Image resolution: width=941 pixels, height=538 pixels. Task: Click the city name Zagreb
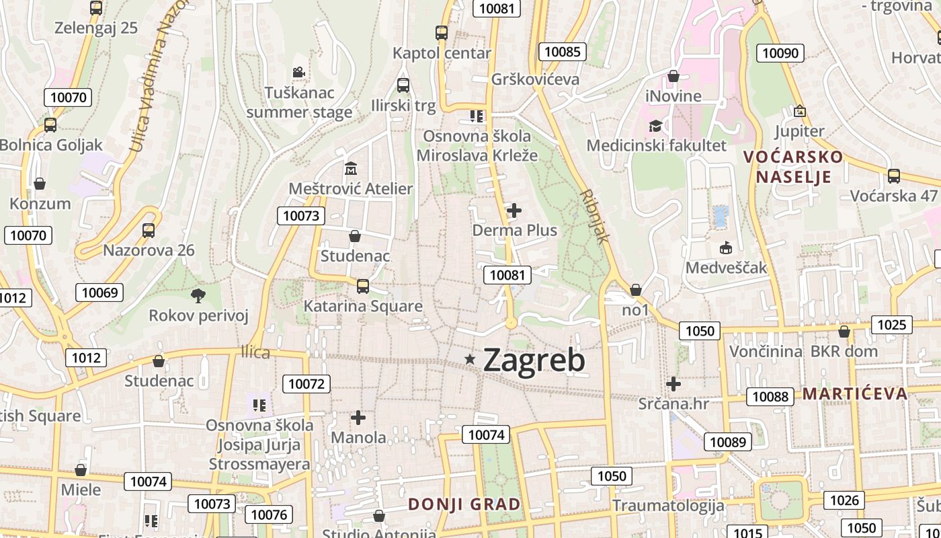pos(534,360)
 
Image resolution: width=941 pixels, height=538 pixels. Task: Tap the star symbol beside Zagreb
pos(470,360)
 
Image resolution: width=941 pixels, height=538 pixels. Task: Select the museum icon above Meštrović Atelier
pos(350,168)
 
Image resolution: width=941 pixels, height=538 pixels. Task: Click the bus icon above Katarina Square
pos(363,286)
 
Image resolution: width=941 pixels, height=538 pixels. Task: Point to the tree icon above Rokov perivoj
pos(198,295)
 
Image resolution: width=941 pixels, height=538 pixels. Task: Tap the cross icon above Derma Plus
pos(514,210)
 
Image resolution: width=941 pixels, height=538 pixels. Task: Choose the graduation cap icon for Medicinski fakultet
pos(655,125)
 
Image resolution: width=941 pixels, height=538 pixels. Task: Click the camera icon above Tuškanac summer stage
pos(299,72)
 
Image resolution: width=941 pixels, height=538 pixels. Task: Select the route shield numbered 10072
pos(306,384)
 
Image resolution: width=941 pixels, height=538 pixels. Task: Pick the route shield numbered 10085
pos(563,52)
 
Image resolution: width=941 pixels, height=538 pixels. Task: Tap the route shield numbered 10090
pos(780,53)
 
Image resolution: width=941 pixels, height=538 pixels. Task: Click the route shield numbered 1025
pos(892,325)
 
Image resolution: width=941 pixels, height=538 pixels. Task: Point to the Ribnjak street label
pos(595,216)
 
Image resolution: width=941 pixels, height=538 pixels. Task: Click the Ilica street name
pos(255,352)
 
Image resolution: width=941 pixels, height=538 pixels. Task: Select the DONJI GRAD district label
pos(464,504)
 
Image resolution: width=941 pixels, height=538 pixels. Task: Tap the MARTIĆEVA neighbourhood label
pos(855,394)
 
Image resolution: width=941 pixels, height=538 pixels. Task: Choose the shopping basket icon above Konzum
pos(40,183)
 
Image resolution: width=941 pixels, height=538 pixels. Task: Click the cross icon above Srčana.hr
pos(673,384)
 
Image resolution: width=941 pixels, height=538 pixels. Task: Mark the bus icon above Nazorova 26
pos(149,230)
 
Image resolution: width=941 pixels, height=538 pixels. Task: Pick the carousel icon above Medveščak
pos(726,247)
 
